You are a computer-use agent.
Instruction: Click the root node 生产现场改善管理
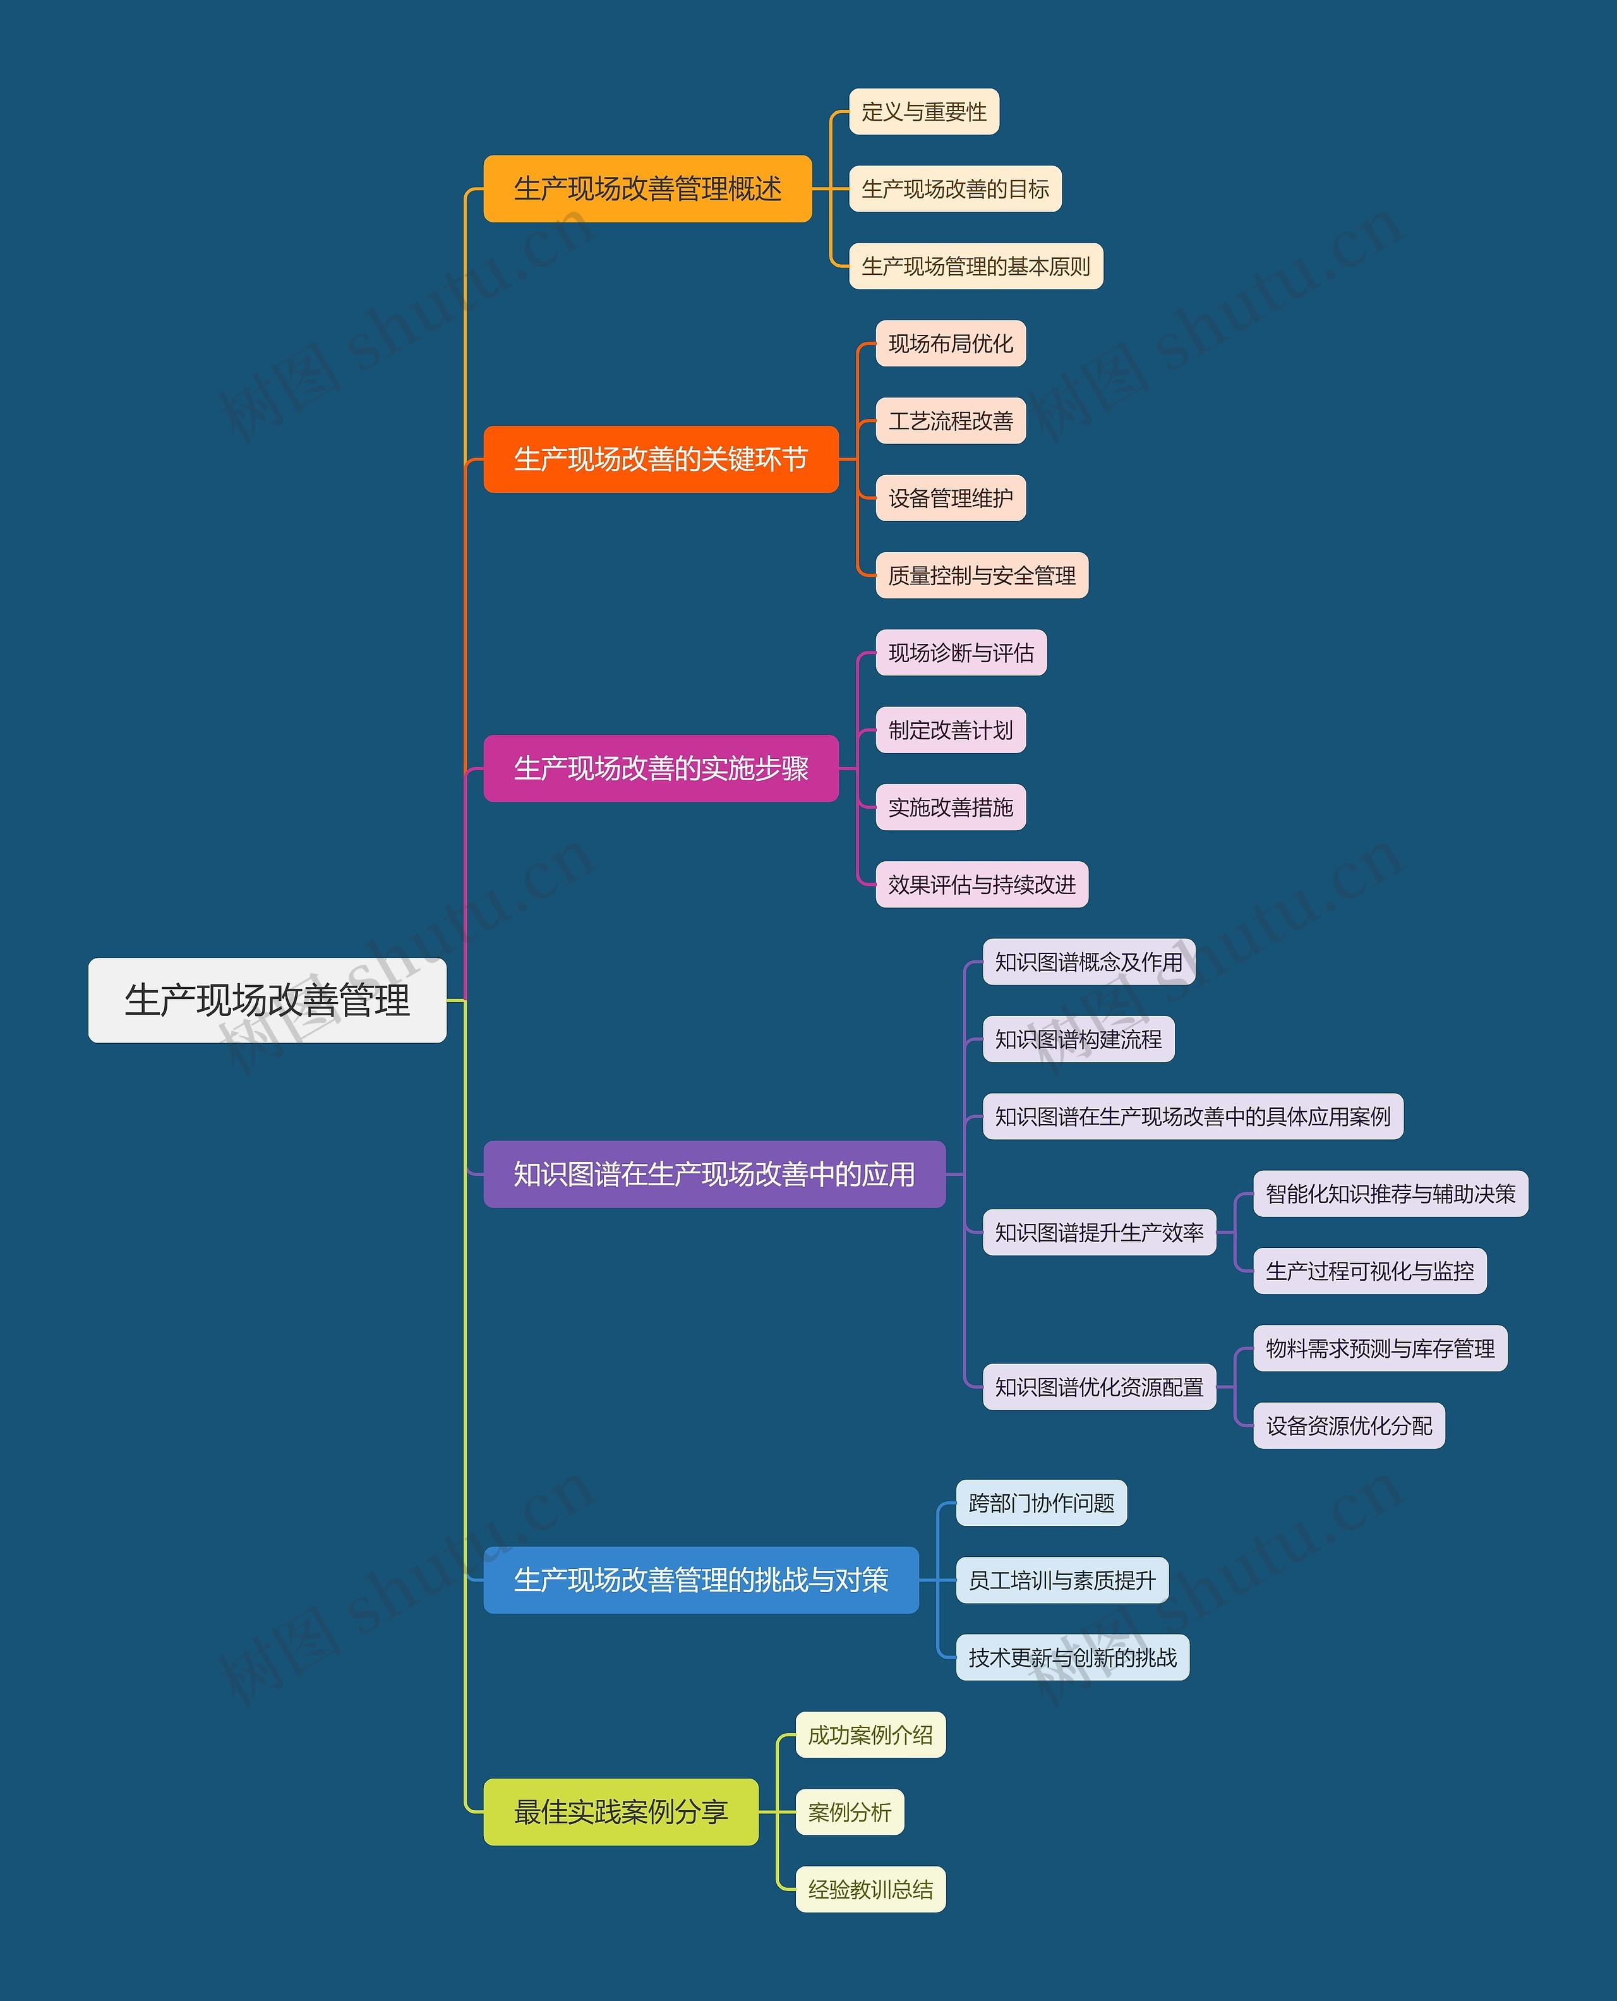(267, 1001)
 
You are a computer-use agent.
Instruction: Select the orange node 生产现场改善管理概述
(647, 189)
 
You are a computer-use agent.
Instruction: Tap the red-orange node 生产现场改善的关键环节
(661, 459)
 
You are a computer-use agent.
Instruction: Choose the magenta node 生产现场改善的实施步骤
(661, 768)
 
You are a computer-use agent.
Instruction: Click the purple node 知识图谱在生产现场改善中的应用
(714, 1175)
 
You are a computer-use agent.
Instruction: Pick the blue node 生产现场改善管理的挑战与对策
(700, 1580)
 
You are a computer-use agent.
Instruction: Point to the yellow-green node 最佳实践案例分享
(620, 1812)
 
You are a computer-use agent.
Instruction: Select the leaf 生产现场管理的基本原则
(975, 267)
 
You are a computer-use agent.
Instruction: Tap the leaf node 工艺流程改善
(950, 421)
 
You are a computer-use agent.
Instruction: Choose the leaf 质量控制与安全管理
(982, 576)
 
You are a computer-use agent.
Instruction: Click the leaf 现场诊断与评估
(960, 653)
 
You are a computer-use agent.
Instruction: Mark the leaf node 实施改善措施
(950, 807)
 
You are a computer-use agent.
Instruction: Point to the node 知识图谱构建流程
(1078, 1039)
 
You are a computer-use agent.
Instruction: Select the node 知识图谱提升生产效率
(1099, 1233)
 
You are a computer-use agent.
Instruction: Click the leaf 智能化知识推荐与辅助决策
(1390, 1194)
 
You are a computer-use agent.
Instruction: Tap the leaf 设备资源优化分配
(1349, 1426)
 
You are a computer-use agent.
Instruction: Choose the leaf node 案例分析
(850, 1812)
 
